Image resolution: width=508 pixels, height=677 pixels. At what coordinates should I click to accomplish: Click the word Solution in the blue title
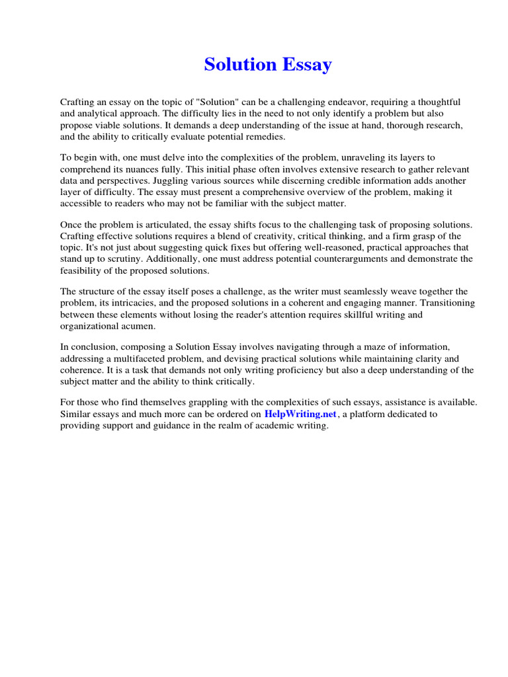tap(240, 65)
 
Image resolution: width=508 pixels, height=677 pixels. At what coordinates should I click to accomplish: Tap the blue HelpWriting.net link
tap(301, 414)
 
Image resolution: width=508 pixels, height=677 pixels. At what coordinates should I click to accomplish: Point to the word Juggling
tap(173, 180)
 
